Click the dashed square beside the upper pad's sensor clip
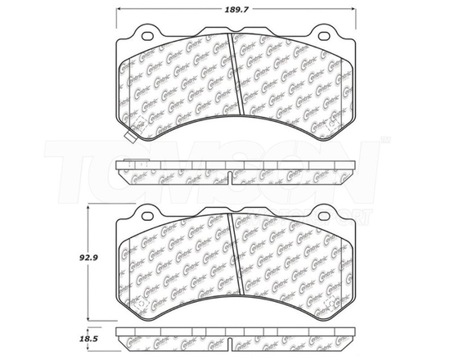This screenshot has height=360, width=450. click(140, 125)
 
